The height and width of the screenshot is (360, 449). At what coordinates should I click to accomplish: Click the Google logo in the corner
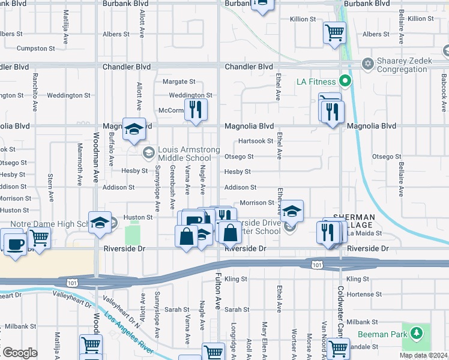pyautogui.click(x=20, y=353)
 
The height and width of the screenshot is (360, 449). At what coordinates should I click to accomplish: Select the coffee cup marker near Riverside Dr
pyautogui.click(x=14, y=244)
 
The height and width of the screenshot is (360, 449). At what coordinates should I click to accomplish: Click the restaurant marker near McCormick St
pyautogui.click(x=195, y=109)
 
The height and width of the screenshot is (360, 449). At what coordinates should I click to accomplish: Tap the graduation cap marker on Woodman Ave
pyautogui.click(x=100, y=223)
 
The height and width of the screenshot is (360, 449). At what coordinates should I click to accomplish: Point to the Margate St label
pyautogui.click(x=179, y=81)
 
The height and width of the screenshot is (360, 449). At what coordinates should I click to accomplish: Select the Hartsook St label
pyautogui.click(x=256, y=141)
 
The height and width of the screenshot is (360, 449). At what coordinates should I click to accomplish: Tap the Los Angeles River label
pyautogui.click(x=130, y=333)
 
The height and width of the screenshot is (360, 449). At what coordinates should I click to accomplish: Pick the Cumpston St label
pyautogui.click(x=36, y=48)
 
